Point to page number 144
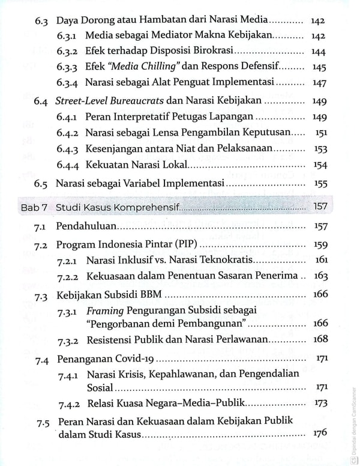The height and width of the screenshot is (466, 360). (x=319, y=52)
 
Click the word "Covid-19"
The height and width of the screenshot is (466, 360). (x=132, y=360)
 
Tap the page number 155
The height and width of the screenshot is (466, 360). (x=319, y=184)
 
